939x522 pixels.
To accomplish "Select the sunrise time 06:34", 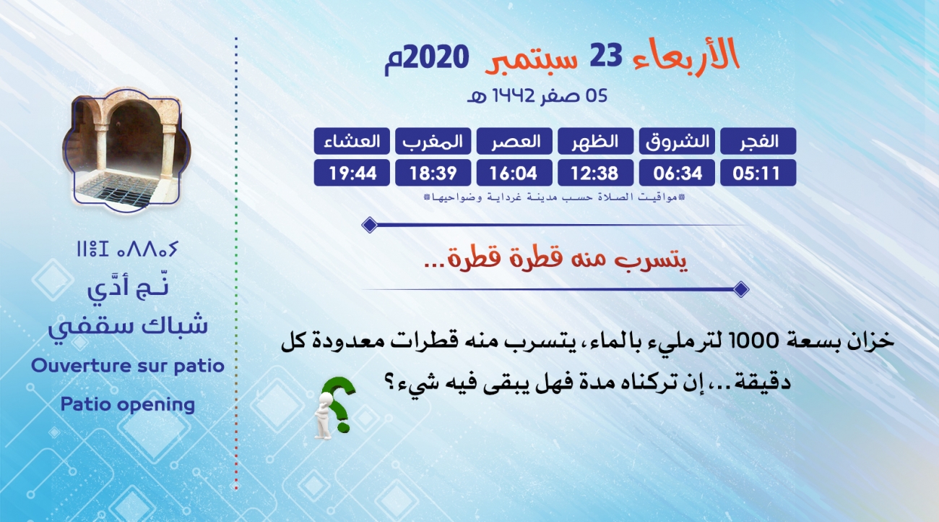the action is click(x=678, y=174).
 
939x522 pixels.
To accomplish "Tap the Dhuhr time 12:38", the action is click(x=594, y=174).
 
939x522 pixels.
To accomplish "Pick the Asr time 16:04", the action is click(x=514, y=174).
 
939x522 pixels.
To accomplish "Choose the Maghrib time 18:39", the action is click(x=433, y=174).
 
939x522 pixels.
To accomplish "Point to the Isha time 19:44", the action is click(x=352, y=174).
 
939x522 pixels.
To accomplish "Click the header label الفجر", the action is click(x=758, y=141).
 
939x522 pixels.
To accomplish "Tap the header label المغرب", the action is click(x=433, y=142).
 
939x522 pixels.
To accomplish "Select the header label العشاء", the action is click(x=352, y=141).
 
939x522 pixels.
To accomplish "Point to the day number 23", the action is click(x=606, y=56).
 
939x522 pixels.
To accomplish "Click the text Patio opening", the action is click(x=128, y=405).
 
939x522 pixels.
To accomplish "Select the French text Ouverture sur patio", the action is click(x=128, y=366).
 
